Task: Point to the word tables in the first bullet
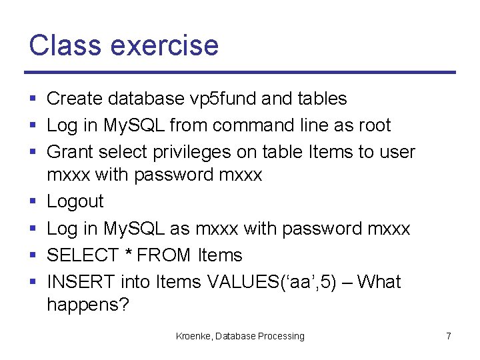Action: pyautogui.click(x=322, y=99)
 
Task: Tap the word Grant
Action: pyautogui.click(x=70, y=152)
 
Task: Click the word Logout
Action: pyautogui.click(x=75, y=201)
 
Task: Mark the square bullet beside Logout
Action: pyautogui.click(x=33, y=202)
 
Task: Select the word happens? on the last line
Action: pyautogui.click(x=84, y=305)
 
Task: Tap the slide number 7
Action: pyautogui.click(x=449, y=336)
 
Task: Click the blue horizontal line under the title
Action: pyautogui.click(x=240, y=72)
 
